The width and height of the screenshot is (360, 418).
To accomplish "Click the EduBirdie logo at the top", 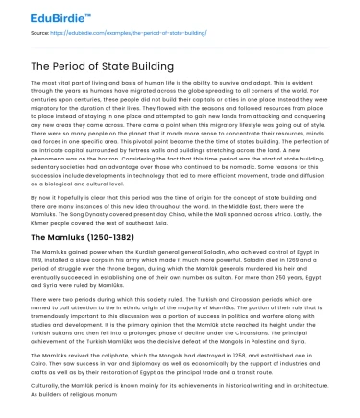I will coord(46,13).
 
